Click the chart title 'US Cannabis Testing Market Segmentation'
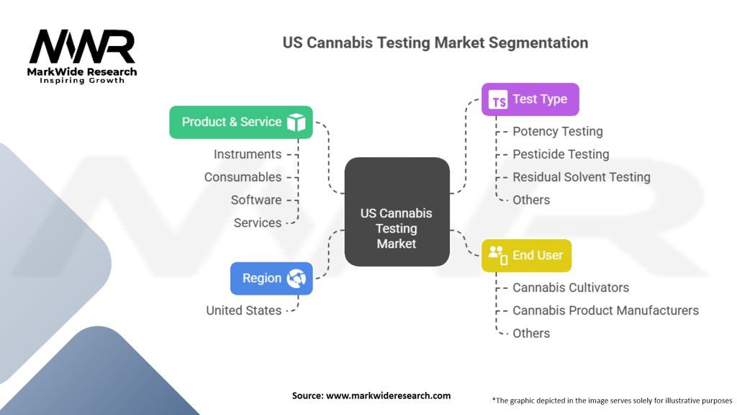[435, 43]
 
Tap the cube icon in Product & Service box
[296, 122]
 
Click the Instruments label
[248, 154]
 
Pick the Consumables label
[243, 177]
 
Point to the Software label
[256, 200]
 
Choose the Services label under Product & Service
[258, 223]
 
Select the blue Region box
[271, 278]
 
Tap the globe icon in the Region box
[296, 279]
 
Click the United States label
[243, 311]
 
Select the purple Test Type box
[530, 99]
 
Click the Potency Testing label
[557, 131]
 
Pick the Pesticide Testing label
[560, 154]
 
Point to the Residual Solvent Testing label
[581, 177]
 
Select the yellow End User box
[526, 255]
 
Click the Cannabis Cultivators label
[570, 287]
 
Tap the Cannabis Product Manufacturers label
[605, 311]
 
